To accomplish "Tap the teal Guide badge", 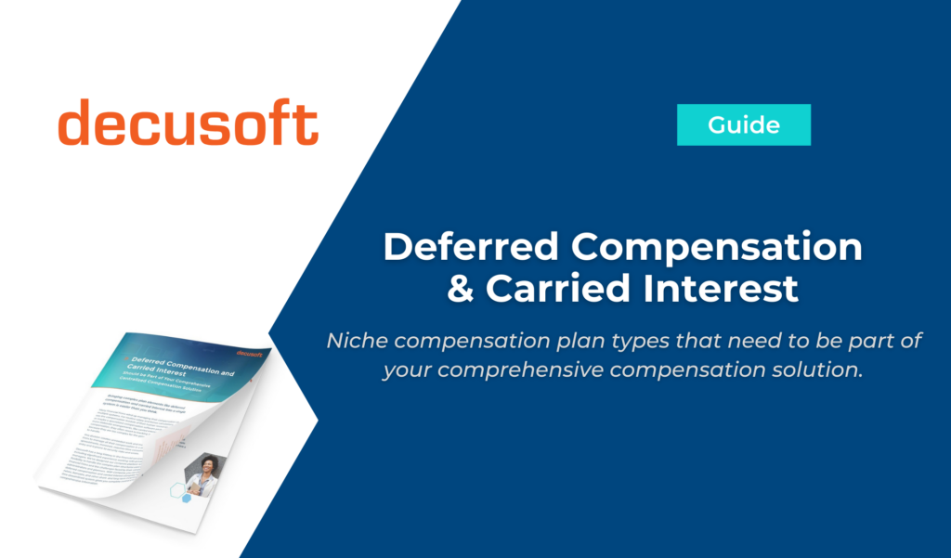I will (743, 124).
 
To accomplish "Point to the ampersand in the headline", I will (462, 289).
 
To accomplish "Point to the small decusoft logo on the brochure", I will (250, 353).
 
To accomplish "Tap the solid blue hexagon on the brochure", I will (185, 499).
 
